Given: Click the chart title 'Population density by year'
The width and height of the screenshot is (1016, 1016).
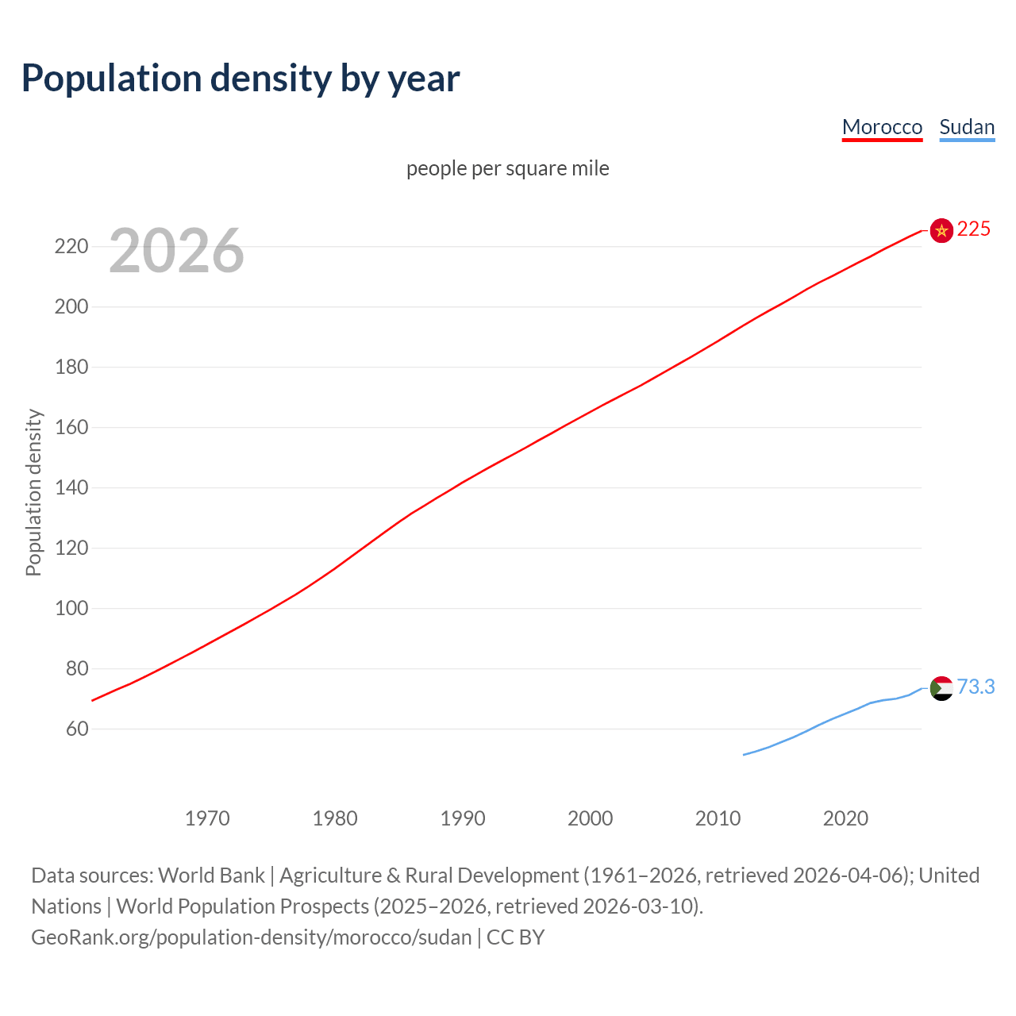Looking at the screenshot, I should pyautogui.click(x=241, y=79).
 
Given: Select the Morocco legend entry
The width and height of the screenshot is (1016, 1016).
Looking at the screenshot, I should pyautogui.click(x=882, y=127).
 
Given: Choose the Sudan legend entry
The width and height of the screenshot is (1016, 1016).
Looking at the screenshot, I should pyautogui.click(x=966, y=127).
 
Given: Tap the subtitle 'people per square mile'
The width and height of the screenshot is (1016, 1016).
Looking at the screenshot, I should pyautogui.click(x=507, y=168).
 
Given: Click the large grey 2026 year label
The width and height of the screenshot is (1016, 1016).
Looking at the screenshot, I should pyautogui.click(x=176, y=251).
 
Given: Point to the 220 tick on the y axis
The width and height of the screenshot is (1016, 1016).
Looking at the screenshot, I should pyautogui.click(x=71, y=246).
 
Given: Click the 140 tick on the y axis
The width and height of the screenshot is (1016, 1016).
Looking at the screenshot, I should pyautogui.click(x=71, y=487).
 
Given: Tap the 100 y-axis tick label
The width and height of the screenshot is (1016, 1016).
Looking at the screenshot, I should pyautogui.click(x=71, y=608).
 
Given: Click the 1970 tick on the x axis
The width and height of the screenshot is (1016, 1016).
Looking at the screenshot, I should pyautogui.click(x=207, y=818).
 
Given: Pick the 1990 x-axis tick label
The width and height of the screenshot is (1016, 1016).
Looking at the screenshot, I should pyautogui.click(x=463, y=818).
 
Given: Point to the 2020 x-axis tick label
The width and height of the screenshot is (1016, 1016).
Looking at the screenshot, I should pyautogui.click(x=845, y=818).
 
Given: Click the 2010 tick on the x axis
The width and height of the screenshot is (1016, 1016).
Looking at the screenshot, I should pyautogui.click(x=718, y=818).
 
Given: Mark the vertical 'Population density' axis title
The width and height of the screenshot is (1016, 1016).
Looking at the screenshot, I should pyautogui.click(x=33, y=492).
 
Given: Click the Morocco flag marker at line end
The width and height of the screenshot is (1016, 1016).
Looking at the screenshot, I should pyautogui.click(x=941, y=230).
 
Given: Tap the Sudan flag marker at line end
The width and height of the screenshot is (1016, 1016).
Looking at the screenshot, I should pyautogui.click(x=941, y=688).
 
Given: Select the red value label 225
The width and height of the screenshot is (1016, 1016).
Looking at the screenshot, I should pyautogui.click(x=974, y=229).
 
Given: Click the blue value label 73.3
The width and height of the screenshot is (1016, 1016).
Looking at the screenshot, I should pyautogui.click(x=976, y=687).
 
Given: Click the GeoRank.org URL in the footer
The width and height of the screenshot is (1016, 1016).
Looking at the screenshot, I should pyautogui.click(x=252, y=937).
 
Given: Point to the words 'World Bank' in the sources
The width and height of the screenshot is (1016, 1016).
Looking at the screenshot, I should pyautogui.click(x=211, y=875).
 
